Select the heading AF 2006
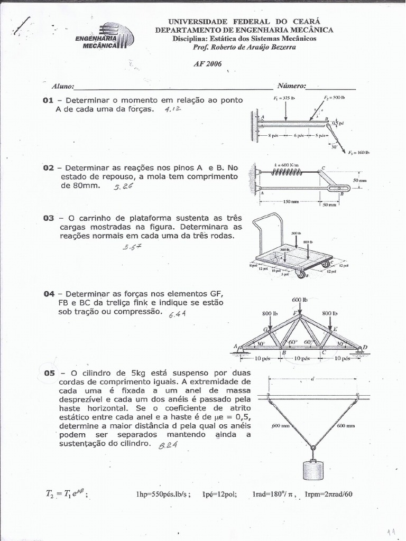208,64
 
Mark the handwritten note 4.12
173,109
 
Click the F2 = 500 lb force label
334,98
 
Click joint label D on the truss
364,347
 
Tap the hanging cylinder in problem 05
313,469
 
